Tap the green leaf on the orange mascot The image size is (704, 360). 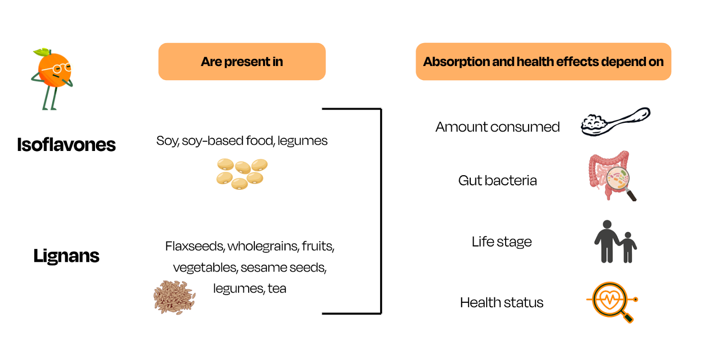point(41,52)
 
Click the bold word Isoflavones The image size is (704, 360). point(66,145)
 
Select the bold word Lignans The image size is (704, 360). point(66,256)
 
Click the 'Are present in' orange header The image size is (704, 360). point(242,62)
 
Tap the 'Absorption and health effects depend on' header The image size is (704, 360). point(543,62)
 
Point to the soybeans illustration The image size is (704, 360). point(242,173)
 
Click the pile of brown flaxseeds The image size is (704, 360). point(174,298)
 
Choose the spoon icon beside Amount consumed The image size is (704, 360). point(615,121)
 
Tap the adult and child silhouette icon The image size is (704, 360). point(615,242)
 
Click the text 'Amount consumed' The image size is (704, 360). point(497,127)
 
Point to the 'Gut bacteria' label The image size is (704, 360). point(497,180)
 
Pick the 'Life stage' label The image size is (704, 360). point(501,242)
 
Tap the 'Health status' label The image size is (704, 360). point(501,303)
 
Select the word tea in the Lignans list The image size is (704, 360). point(277,289)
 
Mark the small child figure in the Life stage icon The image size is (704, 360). point(628,247)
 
